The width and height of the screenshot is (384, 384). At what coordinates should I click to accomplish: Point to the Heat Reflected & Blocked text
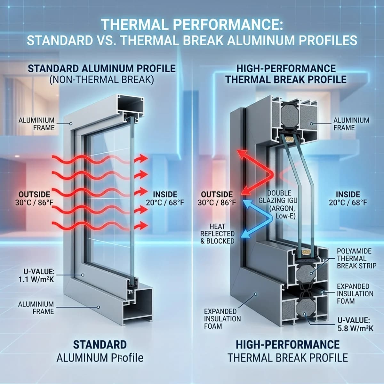pyautogui.click(x=217, y=234)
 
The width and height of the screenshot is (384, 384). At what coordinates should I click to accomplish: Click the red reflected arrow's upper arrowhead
pyautogui.click(x=242, y=154)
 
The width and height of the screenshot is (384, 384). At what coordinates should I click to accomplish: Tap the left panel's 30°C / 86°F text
pyautogui.click(x=34, y=203)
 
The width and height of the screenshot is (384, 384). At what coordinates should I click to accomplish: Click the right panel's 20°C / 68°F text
pyautogui.click(x=348, y=203)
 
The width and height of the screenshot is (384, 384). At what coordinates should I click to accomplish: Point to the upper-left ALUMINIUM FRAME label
pyautogui.click(x=36, y=124)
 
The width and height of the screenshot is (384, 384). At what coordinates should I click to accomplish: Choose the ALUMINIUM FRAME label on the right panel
pyautogui.click(x=351, y=124)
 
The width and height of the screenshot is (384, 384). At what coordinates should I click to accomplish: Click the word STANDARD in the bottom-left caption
pyautogui.click(x=100, y=344)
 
